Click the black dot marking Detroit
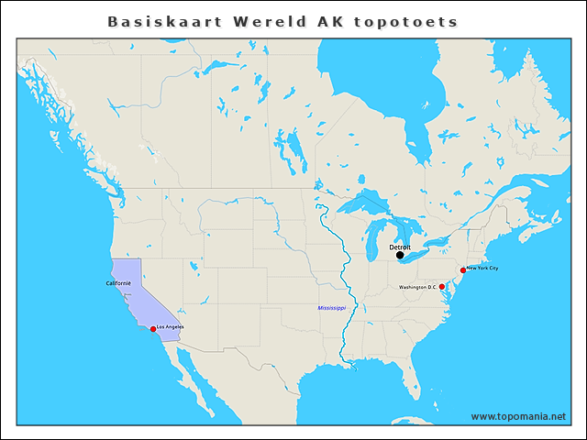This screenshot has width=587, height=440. [400, 256]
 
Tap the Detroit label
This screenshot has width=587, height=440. [400, 247]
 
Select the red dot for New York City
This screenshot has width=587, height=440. [462, 270]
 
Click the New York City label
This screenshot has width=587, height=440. [482, 269]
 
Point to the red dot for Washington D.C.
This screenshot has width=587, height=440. [442, 287]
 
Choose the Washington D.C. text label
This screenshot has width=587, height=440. [418, 287]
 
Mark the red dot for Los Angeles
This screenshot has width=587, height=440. [153, 328]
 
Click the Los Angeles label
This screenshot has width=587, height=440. [171, 327]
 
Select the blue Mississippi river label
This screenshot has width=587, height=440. [331, 308]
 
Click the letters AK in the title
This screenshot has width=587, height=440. [331, 21]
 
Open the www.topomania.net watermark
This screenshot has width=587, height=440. [518, 416]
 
